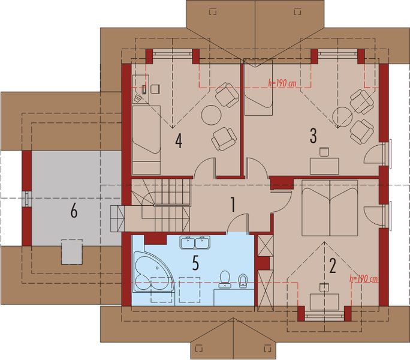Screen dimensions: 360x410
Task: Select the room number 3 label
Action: click(313, 136)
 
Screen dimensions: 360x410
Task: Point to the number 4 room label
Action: click(178, 141)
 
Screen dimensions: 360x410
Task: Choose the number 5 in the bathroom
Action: click(195, 262)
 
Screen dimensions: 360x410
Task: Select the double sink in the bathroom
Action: click(195, 242)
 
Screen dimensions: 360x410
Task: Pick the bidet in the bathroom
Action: click(243, 280)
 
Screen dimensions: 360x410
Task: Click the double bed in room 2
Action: click(329, 208)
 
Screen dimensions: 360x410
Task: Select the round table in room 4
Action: click(211, 115)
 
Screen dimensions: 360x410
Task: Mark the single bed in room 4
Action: click(146, 139)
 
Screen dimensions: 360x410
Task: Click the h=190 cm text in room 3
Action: click(282, 84)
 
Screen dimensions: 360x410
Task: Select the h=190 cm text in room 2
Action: click(363, 278)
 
